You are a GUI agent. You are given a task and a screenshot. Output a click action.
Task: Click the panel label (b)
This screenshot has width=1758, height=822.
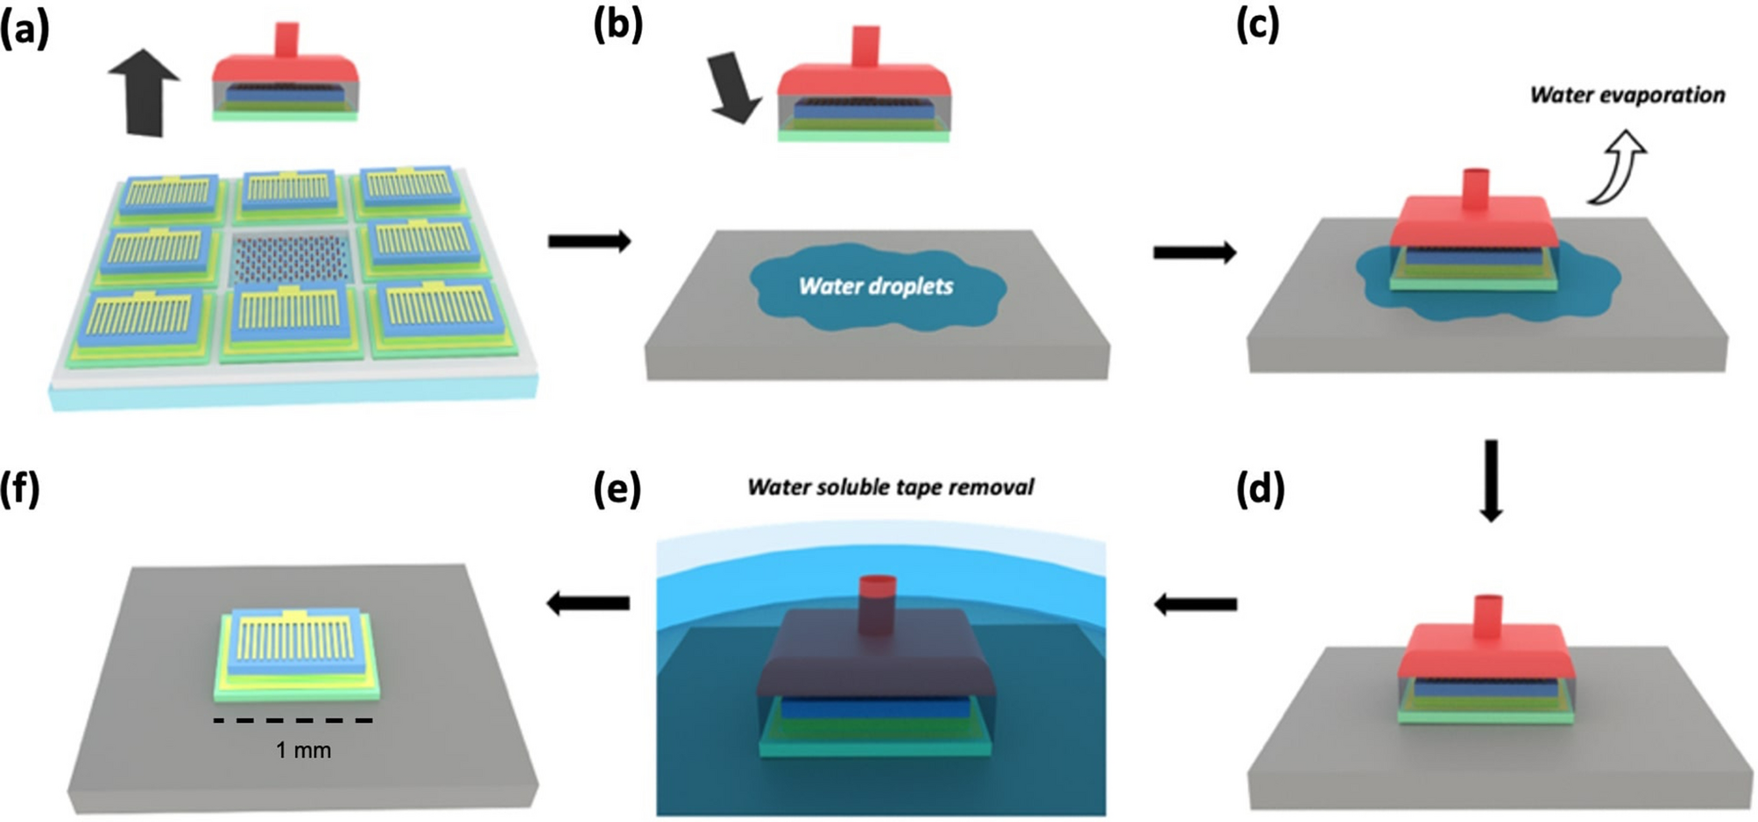tap(618, 25)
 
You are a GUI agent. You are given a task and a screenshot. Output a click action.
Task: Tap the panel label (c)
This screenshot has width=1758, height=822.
tap(1258, 25)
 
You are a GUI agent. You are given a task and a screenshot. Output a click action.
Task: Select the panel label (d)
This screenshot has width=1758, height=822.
tap(1260, 491)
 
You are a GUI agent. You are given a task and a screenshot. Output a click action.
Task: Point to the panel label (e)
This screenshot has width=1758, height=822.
tap(617, 491)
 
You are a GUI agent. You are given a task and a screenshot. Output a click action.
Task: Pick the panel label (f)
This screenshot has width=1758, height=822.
tap(20, 491)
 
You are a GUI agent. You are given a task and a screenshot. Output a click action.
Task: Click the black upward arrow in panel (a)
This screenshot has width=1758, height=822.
tap(145, 92)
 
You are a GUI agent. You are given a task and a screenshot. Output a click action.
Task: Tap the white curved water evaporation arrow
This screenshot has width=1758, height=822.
tap(1619, 167)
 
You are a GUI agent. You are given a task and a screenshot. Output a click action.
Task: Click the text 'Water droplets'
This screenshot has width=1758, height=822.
tap(875, 286)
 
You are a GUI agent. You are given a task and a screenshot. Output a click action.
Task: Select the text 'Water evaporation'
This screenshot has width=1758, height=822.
tap(1627, 95)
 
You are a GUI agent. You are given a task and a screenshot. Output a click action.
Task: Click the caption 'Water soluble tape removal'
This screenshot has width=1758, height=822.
tap(890, 487)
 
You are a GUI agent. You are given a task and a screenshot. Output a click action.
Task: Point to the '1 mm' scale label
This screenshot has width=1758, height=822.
tap(303, 750)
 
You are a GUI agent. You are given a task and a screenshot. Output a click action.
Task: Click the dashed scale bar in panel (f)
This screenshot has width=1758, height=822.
tap(293, 720)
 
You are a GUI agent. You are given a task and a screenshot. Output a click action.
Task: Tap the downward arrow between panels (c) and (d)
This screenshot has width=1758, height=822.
tap(1490, 481)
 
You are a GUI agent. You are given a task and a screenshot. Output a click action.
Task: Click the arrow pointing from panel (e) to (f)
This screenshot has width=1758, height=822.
tap(588, 602)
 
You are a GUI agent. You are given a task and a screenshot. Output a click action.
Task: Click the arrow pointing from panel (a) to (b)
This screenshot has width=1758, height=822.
tap(590, 241)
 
